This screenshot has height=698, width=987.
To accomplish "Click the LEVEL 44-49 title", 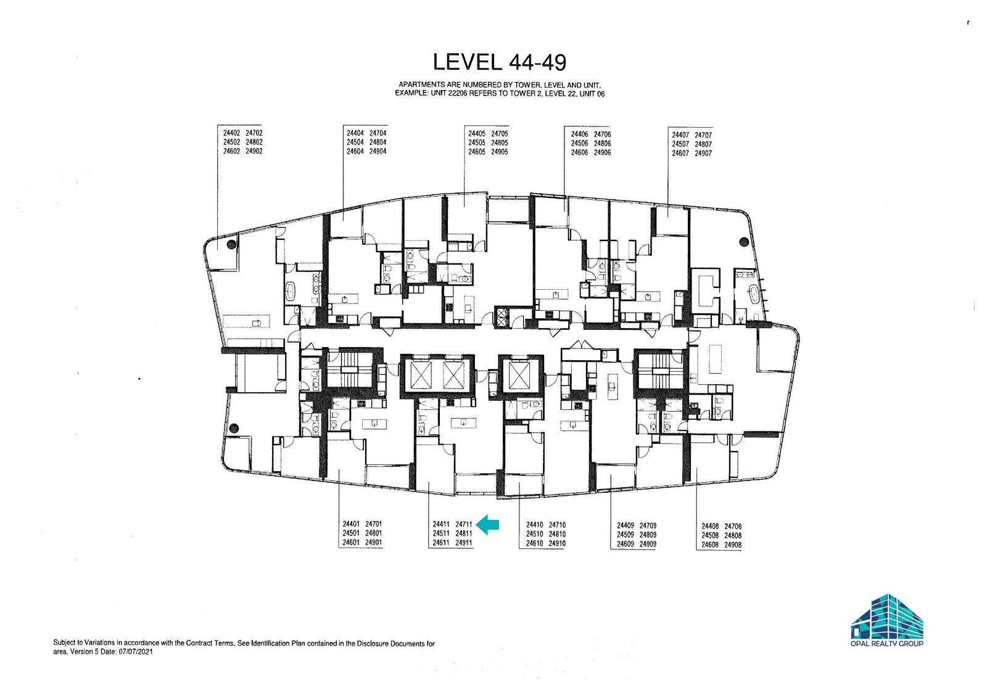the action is (499, 62).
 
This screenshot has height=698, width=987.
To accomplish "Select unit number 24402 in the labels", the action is (231, 133).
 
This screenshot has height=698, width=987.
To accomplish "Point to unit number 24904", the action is (378, 152).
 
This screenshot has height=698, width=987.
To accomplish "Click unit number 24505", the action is (477, 142).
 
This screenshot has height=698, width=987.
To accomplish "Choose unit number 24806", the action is (602, 144).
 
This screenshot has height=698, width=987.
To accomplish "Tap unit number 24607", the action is (680, 154).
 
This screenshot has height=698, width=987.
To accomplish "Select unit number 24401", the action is (351, 524).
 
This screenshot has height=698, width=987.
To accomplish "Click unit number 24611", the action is (441, 543).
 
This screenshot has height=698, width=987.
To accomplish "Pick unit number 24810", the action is (558, 534).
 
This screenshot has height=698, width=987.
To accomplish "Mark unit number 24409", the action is (626, 525).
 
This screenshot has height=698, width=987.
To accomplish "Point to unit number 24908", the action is (733, 544).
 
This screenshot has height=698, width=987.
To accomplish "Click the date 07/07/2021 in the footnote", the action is (136, 652).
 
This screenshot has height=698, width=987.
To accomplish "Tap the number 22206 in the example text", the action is (458, 93).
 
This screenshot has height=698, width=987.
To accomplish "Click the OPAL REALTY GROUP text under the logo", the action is (886, 643).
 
